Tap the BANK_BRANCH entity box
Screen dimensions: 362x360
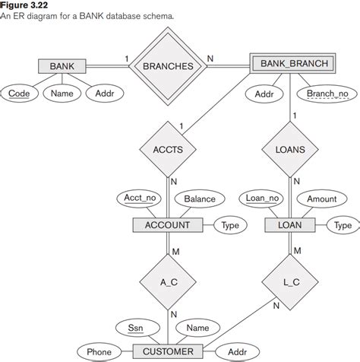293,64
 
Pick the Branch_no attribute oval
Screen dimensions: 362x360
327,94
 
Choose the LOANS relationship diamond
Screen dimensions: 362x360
292,150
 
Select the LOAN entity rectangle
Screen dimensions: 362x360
292,225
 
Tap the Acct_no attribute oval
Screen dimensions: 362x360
140,198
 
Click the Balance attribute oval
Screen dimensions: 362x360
200,199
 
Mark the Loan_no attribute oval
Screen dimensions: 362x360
263,198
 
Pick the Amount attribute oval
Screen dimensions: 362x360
321,199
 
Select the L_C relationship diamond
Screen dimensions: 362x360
292,281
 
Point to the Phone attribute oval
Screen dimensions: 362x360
99,352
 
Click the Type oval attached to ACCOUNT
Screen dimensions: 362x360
230,225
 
